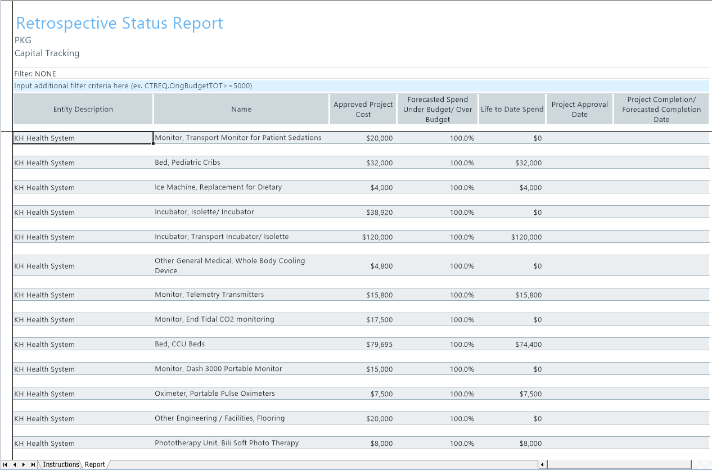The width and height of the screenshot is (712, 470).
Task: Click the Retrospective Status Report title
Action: [120, 23]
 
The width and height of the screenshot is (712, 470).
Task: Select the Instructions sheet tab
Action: [61, 464]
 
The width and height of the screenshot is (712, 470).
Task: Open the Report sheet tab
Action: [94, 464]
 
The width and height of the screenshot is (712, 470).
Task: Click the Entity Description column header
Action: [83, 109]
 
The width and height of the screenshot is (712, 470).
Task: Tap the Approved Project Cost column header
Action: [363, 109]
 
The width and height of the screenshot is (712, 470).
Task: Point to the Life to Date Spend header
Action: [512, 109]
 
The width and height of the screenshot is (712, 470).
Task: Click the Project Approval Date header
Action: [579, 109]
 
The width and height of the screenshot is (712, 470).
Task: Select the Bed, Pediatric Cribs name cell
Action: [187, 162]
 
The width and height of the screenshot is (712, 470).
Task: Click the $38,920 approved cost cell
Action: [379, 212]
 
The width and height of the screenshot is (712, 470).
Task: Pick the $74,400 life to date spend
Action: [528, 344]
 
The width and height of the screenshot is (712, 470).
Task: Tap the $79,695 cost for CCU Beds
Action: [379, 344]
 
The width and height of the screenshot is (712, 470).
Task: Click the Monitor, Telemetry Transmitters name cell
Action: [209, 295]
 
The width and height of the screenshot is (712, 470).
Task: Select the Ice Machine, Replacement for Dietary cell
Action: [218, 187]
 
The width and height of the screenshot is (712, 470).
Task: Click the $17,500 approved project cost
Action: [379, 319]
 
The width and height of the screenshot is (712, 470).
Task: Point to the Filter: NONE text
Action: [35, 74]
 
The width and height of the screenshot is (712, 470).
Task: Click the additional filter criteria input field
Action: [361, 86]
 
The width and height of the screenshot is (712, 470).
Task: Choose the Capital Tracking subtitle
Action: [47, 53]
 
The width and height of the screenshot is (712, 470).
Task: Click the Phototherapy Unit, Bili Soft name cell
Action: [227, 443]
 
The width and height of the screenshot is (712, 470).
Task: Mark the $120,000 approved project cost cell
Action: [377, 237]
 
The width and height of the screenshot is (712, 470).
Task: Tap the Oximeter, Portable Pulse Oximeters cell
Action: [215, 394]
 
